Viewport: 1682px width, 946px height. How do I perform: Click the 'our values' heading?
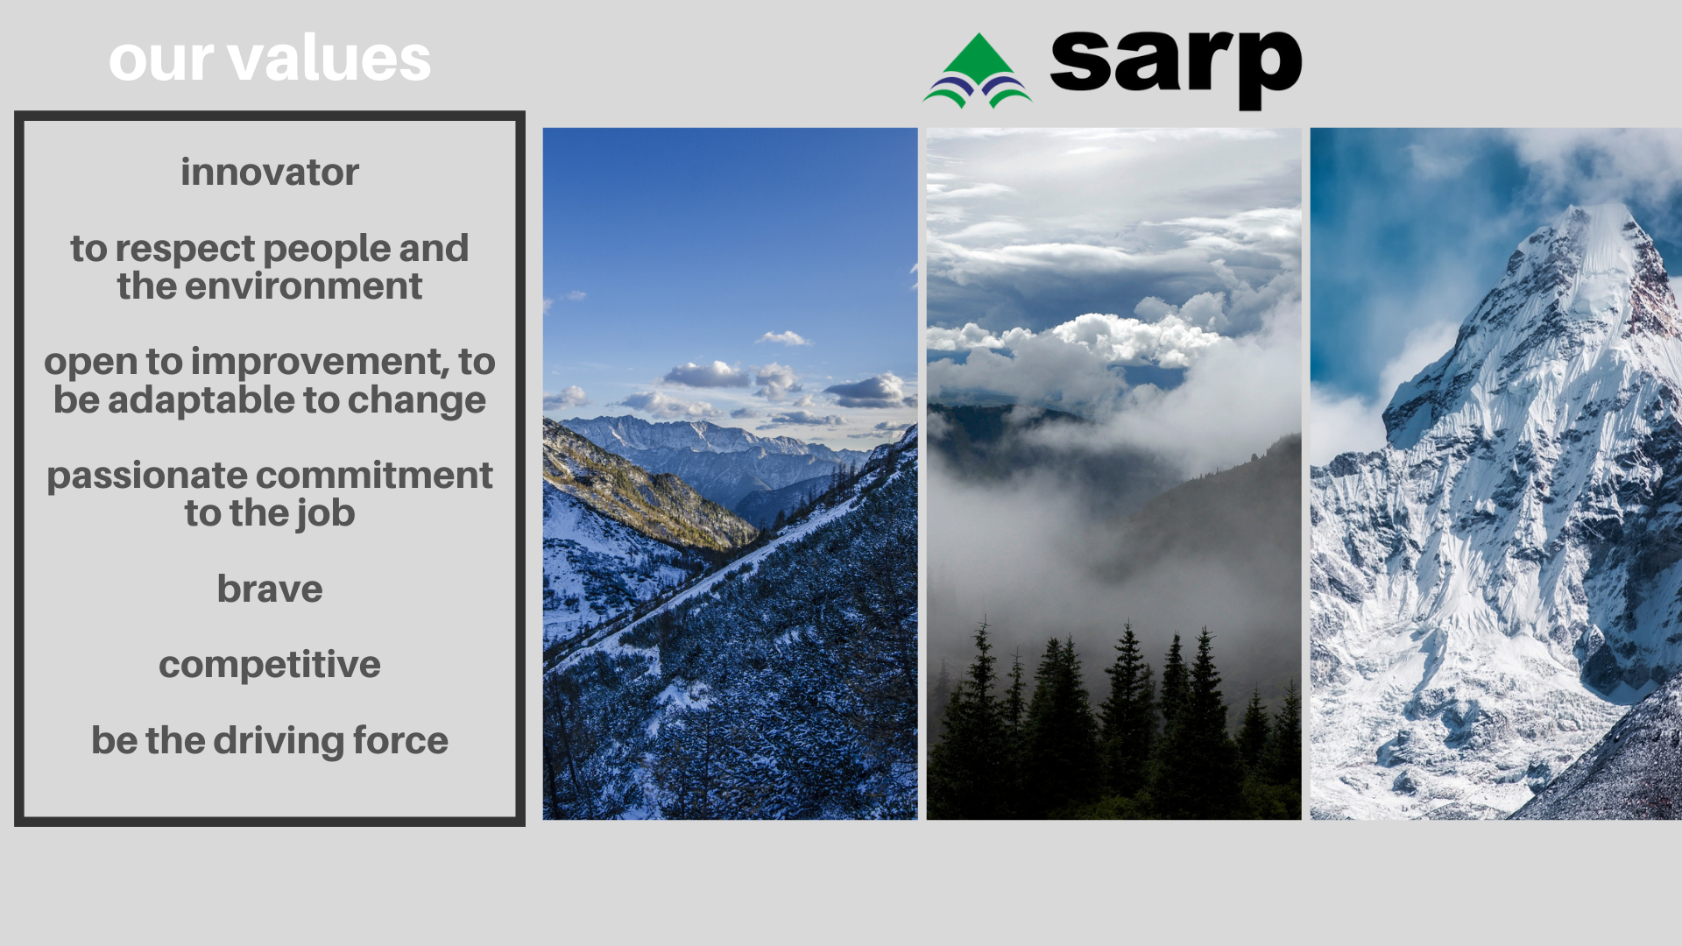[270, 59]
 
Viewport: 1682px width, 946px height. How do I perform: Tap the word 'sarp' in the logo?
[1176, 68]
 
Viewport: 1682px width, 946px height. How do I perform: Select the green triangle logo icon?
[978, 71]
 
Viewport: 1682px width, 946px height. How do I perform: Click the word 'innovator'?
[270, 172]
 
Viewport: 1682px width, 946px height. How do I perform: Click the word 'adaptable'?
[201, 400]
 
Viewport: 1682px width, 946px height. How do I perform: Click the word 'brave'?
[270, 589]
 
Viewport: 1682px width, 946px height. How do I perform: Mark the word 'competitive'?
[270, 666]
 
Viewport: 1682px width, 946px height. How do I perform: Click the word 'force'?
[400, 741]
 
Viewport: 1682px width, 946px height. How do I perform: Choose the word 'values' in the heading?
[329, 59]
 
